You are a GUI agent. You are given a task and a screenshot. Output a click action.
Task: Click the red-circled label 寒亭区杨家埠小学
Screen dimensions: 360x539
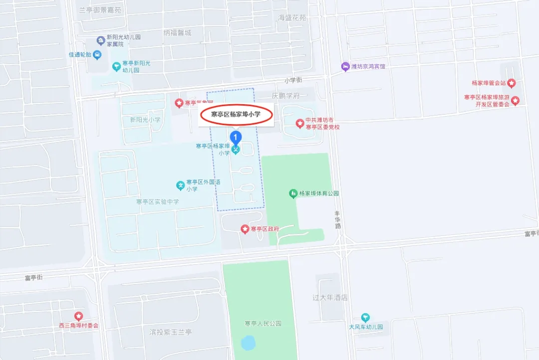click(x=236, y=115)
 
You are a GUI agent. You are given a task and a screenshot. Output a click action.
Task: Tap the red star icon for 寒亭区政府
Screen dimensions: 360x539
click(x=245, y=229)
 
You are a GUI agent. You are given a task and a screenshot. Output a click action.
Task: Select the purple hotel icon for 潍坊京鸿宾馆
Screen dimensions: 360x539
click(x=345, y=66)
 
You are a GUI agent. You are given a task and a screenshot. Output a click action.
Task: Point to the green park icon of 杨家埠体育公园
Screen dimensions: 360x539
click(x=293, y=193)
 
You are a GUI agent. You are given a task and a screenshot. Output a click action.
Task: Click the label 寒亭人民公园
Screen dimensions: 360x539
click(x=263, y=324)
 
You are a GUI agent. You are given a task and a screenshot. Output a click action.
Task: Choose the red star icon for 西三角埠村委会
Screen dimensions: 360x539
click(x=78, y=316)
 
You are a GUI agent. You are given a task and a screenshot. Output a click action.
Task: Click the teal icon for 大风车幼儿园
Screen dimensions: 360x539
click(x=366, y=318)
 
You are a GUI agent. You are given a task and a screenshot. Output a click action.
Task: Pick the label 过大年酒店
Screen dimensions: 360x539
click(x=330, y=298)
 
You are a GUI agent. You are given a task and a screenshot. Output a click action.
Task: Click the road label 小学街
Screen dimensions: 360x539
click(x=293, y=80)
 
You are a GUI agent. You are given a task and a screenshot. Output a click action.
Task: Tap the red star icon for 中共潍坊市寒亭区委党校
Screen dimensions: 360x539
click(x=299, y=123)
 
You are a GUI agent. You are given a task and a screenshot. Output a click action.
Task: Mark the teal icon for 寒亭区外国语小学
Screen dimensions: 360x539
click(x=180, y=185)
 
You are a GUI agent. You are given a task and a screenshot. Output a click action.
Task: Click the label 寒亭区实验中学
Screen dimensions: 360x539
click(x=157, y=202)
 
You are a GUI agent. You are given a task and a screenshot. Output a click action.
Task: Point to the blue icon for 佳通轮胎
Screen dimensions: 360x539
click(x=97, y=54)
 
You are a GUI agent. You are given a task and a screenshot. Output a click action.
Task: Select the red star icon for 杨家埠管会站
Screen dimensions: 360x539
click(x=512, y=83)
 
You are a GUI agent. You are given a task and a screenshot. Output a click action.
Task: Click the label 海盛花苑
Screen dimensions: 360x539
click(x=292, y=18)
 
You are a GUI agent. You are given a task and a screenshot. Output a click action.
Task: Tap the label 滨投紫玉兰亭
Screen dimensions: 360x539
click(x=171, y=332)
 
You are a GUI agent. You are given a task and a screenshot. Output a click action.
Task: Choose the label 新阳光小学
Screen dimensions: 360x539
click(x=145, y=120)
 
